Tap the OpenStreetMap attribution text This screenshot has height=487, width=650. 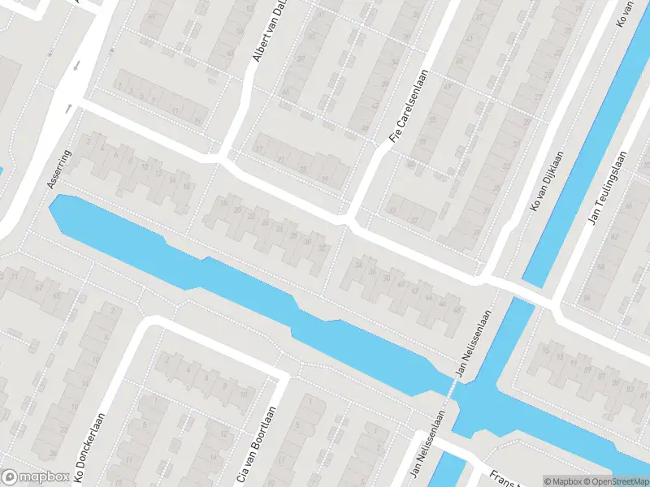click(617, 481)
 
